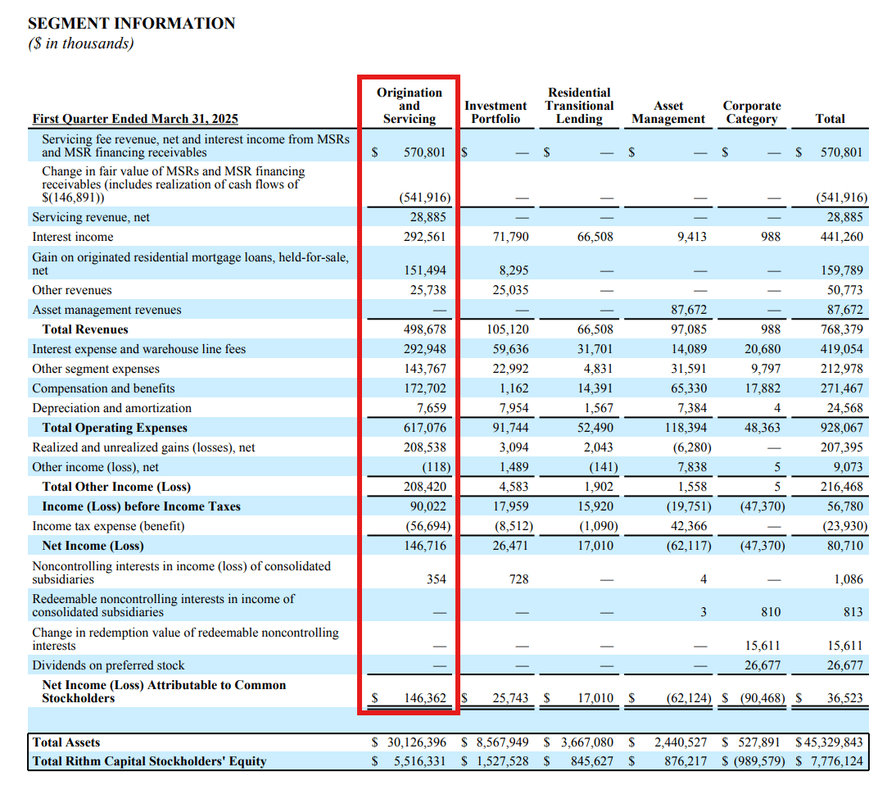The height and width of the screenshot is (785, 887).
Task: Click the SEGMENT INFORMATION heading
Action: [131, 24]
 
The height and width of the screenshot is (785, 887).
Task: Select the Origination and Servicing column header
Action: [409, 106]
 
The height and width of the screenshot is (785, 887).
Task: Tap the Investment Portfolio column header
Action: [496, 112]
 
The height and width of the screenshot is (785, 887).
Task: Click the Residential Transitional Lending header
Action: [579, 106]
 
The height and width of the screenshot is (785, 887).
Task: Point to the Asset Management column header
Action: [668, 112]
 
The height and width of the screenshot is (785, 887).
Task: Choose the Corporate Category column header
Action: [751, 112]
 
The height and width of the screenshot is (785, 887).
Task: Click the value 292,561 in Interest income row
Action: [424, 237]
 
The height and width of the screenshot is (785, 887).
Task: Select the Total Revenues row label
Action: [85, 329]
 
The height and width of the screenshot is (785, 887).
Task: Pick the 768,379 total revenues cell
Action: [841, 329]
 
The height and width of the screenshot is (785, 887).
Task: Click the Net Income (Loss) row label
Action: [93, 546]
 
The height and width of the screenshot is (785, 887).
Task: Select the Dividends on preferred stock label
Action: [108, 665]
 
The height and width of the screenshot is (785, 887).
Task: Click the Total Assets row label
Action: [66, 742]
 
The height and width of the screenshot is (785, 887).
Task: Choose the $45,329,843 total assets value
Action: [829, 742]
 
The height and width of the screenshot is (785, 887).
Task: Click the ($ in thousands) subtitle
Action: [80, 44]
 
